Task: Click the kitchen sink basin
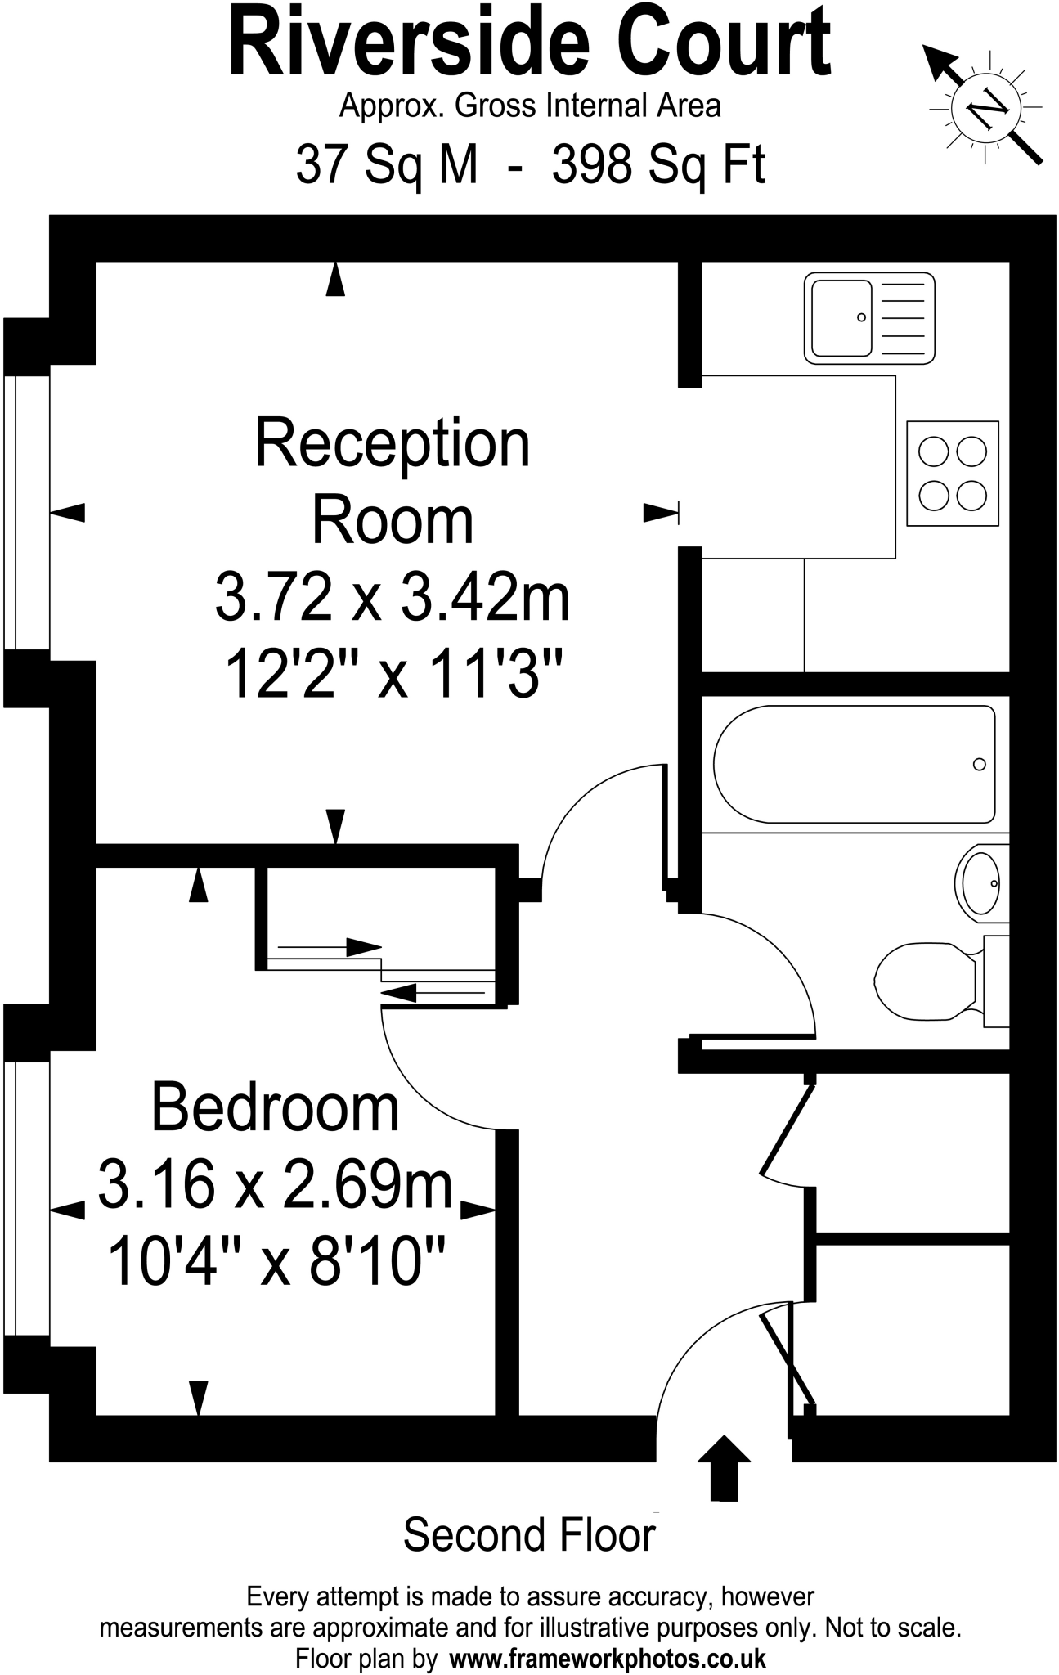point(841,317)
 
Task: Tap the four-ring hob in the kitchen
point(953,474)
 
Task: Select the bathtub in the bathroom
point(855,764)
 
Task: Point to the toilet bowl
point(924,980)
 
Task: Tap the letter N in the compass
point(986,107)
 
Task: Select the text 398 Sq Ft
point(658,164)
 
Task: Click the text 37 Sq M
point(386,164)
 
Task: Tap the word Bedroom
point(276,1108)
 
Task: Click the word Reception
point(393,443)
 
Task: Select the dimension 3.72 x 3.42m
point(393,599)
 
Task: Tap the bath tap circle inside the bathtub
point(979,765)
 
